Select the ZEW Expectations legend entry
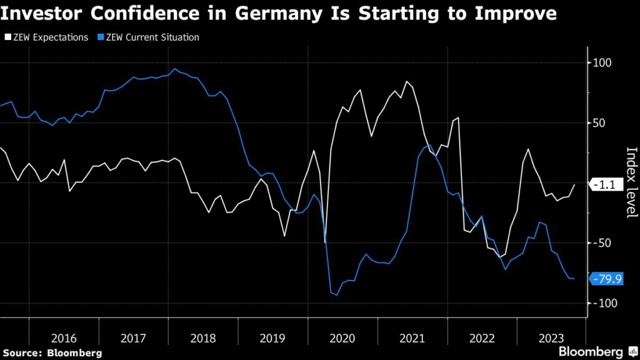point(47,37)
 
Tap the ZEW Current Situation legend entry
point(149,37)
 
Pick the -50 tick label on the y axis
point(603,243)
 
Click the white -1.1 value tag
point(606,184)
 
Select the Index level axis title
point(631,182)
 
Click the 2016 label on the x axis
point(64,338)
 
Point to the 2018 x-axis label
point(202,338)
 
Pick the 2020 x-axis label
point(342,338)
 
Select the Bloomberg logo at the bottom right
point(591,351)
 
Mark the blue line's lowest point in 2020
point(336,295)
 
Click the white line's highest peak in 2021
point(406,82)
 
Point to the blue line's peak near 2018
point(174,69)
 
